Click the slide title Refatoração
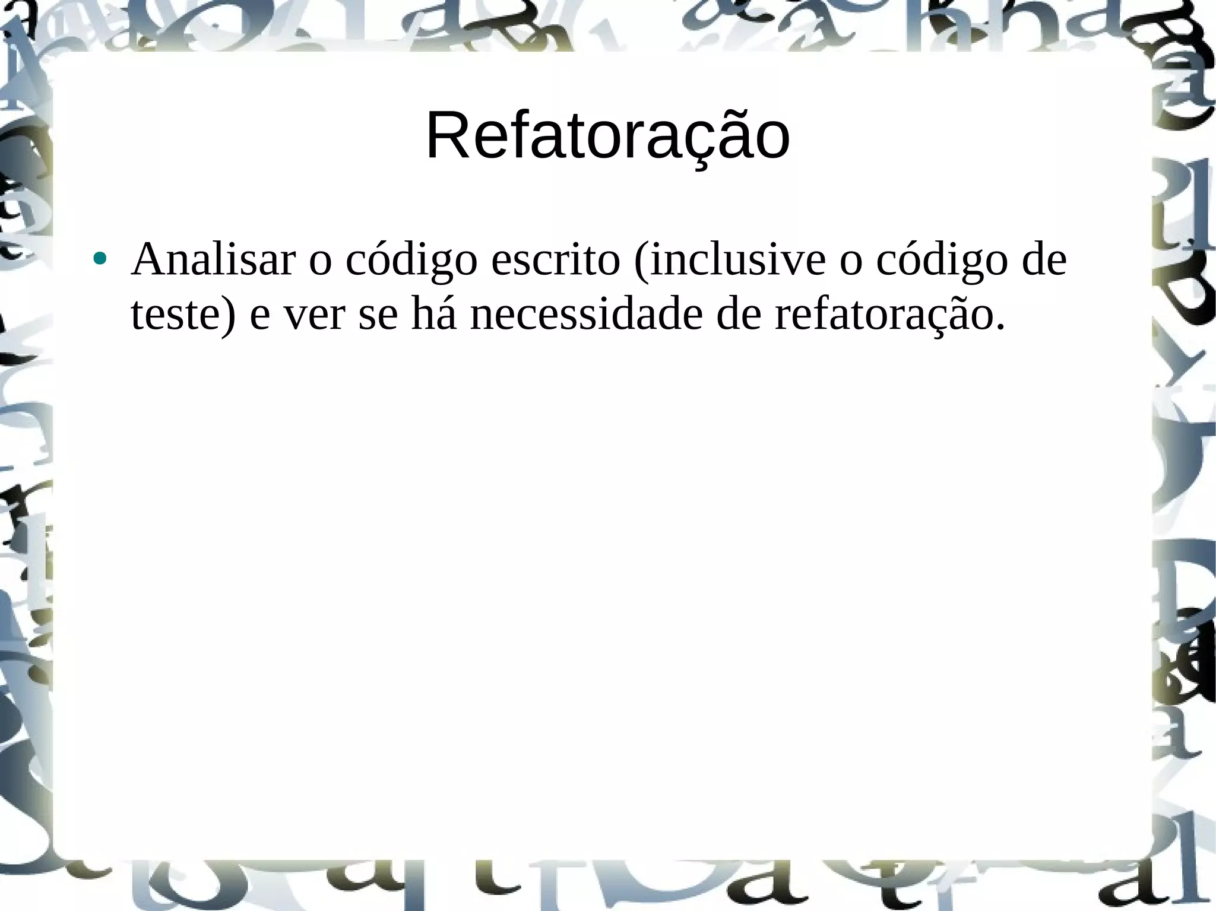[607, 137]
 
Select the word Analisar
[213, 259]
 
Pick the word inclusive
[736, 259]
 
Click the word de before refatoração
[739, 314]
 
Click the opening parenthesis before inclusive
[642, 261]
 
